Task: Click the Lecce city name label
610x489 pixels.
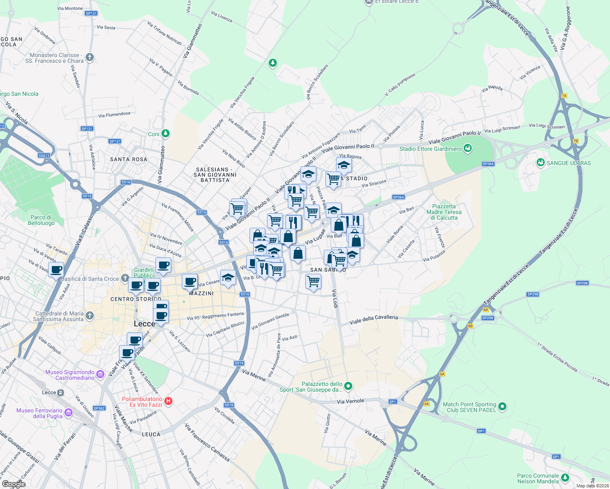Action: pyautogui.click(x=144, y=324)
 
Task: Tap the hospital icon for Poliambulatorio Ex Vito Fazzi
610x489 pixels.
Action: pyautogui.click(x=168, y=401)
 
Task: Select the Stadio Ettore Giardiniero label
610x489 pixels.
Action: pyautogui.click(x=431, y=149)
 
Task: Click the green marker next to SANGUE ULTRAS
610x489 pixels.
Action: pyautogui.click(x=541, y=163)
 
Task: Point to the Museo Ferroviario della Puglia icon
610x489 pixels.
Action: pyautogui.click(x=69, y=413)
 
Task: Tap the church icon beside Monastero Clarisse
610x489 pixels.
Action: pyautogui.click(x=90, y=57)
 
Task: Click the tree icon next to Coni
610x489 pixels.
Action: pyautogui.click(x=165, y=134)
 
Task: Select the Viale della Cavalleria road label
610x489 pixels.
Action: pyautogui.click(x=374, y=319)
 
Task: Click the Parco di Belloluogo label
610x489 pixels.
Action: pyautogui.click(x=41, y=220)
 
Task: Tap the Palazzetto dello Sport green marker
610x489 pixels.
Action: pyautogui.click(x=348, y=385)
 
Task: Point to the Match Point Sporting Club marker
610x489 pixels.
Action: pyautogui.click(x=502, y=406)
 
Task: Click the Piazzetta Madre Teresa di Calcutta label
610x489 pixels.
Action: pyautogui.click(x=444, y=212)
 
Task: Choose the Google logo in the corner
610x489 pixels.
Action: pyautogui.click(x=13, y=484)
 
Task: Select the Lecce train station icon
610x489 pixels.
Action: pyautogui.click(x=60, y=392)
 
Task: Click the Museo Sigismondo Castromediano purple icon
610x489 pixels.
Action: pyautogui.click(x=100, y=373)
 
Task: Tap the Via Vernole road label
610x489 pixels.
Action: pyautogui.click(x=350, y=401)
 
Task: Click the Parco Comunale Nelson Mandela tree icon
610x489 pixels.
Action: pyautogui.click(x=565, y=478)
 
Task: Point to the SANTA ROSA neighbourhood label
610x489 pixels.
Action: pyautogui.click(x=128, y=159)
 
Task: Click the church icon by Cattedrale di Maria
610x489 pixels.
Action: pyautogui.click(x=90, y=316)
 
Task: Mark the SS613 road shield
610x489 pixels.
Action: pyautogui.click(x=44, y=155)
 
